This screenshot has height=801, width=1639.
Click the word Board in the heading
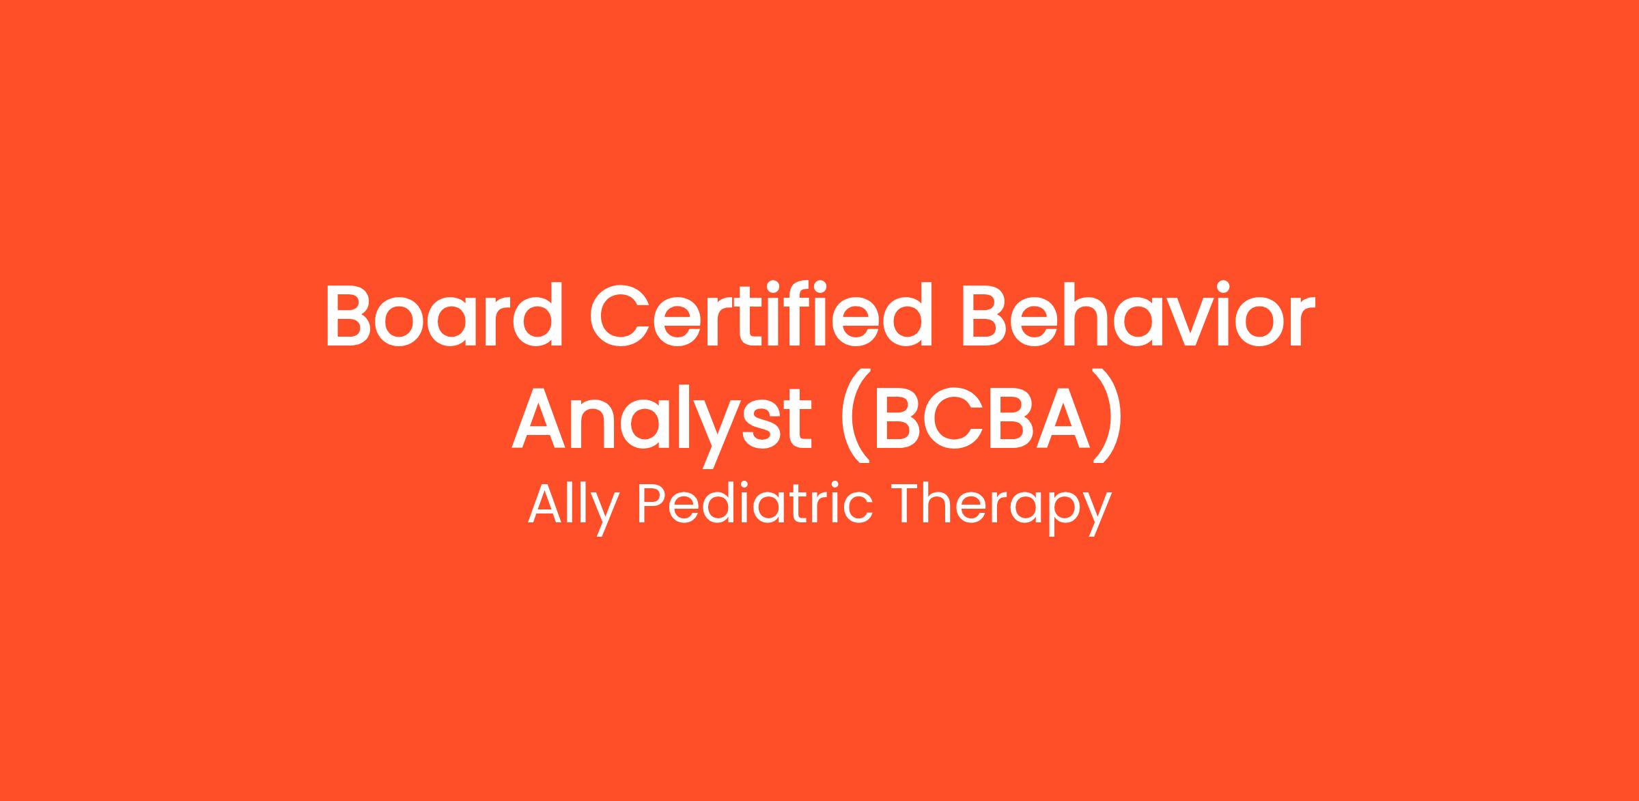point(444,314)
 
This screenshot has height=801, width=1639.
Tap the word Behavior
point(1138,314)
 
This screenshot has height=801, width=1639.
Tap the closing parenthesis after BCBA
point(1106,417)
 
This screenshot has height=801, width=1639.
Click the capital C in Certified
point(621,314)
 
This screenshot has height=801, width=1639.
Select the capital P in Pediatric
point(654,504)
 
